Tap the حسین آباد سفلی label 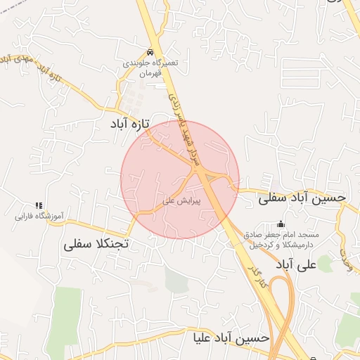(302, 198)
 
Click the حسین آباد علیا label (231, 338)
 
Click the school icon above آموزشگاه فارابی (39, 205)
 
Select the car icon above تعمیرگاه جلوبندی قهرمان (150, 53)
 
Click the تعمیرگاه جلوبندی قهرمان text (150, 67)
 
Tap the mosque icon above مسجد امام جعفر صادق (282, 222)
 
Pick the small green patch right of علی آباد (324, 264)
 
